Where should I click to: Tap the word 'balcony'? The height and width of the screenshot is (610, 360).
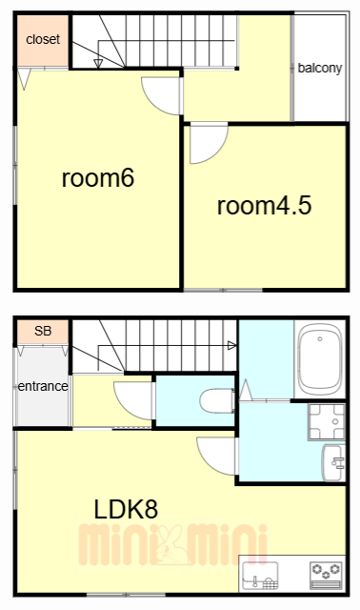tap(319, 68)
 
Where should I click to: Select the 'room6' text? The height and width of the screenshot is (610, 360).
tap(97, 179)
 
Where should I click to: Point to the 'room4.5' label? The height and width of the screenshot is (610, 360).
tap(264, 205)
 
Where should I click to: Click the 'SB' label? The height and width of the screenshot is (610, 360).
tap(42, 332)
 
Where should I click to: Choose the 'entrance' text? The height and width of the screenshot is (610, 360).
tap(41, 386)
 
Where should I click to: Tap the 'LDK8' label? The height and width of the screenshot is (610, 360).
tap(125, 509)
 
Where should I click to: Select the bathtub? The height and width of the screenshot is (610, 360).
tap(319, 359)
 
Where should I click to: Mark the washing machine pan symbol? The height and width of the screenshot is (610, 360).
tap(327, 421)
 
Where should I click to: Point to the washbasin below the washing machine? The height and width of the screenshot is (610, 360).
tap(336, 463)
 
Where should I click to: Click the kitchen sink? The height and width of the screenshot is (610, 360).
tap(259, 574)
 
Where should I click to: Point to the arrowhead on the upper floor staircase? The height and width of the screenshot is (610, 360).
tap(98, 65)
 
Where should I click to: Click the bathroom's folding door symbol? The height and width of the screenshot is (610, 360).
tap(246, 390)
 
